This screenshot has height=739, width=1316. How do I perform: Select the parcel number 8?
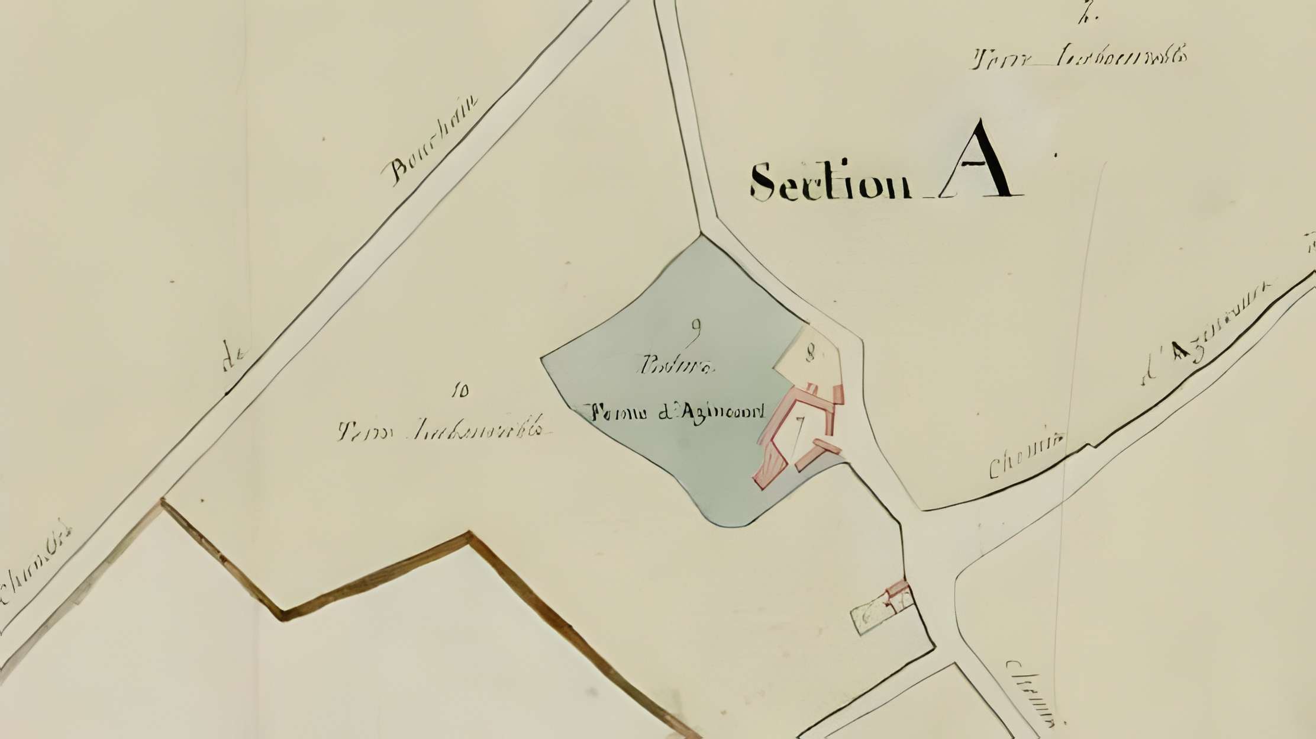810,354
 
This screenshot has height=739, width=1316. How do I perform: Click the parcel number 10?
460,391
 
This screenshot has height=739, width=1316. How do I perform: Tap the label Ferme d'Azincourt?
675,411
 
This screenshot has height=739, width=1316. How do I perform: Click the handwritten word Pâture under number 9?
676,367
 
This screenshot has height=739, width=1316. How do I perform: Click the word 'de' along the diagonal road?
235,358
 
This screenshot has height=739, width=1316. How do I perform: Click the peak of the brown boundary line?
469,535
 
